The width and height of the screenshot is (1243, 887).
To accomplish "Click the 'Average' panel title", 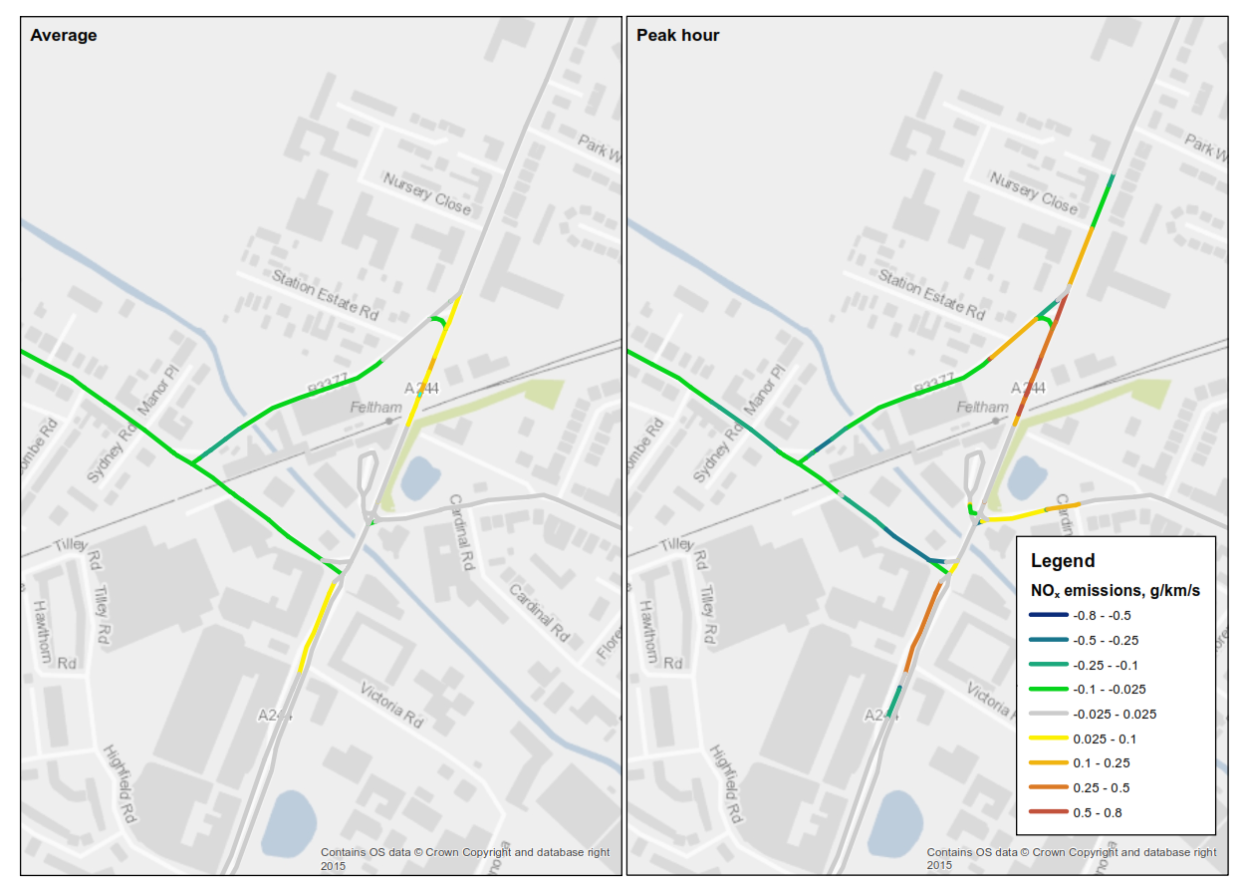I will (64, 36).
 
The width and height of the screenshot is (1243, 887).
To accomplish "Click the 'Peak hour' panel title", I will (677, 36).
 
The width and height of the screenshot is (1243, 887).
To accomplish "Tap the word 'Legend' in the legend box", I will (1062, 561).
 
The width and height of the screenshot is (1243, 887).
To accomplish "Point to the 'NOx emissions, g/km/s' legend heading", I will (1115, 591).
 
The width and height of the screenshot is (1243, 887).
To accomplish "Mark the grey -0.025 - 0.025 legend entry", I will (1115, 715).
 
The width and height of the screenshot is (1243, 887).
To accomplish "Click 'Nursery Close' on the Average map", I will (427, 192).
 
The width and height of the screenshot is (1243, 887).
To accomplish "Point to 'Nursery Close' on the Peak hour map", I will (1034, 192).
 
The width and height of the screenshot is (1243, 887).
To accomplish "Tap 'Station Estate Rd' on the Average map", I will (326, 295).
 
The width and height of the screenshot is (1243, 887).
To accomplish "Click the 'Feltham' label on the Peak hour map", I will (983, 408).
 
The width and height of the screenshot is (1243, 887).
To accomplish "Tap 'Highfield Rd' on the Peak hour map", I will (726, 783).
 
